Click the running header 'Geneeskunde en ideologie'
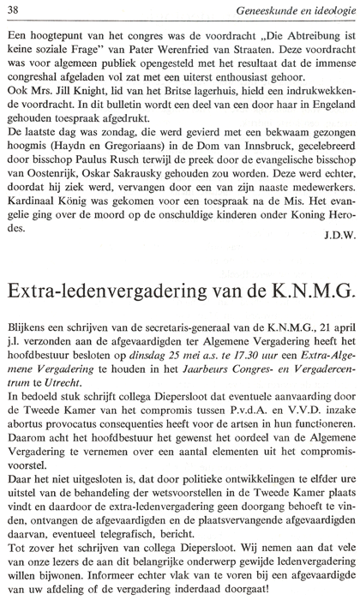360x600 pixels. click(x=296, y=9)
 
